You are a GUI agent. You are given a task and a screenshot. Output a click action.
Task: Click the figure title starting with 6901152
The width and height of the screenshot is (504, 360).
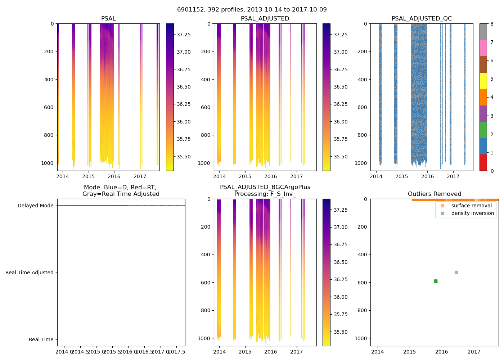(x=252, y=10)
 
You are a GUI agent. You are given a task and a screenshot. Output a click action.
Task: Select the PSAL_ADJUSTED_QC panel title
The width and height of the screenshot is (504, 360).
(x=422, y=19)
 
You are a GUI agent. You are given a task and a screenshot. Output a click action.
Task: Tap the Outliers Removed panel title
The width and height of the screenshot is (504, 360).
(x=434, y=194)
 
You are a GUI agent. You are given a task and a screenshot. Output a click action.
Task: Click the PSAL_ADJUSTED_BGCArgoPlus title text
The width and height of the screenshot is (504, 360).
(x=265, y=187)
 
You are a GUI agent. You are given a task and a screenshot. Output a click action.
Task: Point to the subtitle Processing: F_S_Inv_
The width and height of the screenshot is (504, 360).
(x=265, y=194)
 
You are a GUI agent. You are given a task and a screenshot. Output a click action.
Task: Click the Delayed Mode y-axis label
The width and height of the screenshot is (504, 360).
(x=35, y=206)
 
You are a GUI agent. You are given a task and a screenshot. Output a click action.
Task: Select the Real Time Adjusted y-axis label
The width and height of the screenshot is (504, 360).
(x=29, y=273)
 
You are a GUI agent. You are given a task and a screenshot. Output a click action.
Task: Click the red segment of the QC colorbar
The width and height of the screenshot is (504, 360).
(x=483, y=163)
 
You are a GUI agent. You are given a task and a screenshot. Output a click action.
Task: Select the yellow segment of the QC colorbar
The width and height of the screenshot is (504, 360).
(x=483, y=81)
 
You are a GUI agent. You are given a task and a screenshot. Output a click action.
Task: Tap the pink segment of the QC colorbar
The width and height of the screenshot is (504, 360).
(x=483, y=48)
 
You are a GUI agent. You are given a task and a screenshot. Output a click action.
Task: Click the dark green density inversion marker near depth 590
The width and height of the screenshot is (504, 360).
(x=436, y=281)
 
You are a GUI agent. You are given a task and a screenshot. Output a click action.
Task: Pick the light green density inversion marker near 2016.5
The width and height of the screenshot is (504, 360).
(x=456, y=272)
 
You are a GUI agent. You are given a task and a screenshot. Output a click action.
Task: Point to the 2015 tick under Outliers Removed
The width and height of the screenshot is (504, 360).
(x=410, y=352)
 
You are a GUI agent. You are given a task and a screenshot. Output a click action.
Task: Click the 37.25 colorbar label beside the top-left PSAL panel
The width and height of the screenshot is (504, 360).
(x=184, y=35)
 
